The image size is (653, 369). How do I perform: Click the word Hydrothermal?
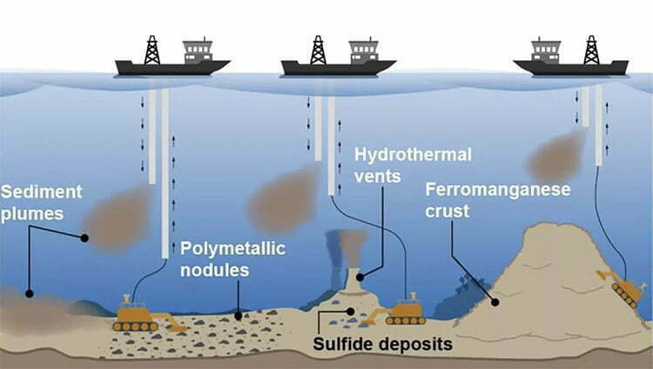[413, 155]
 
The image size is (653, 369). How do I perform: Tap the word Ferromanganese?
[498, 190]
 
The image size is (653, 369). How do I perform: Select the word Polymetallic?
[232, 249]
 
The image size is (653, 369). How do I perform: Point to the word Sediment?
[42, 192]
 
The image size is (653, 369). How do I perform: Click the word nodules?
[215, 271]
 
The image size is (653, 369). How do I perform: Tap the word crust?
[447, 211]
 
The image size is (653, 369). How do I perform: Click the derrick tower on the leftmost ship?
[152, 50]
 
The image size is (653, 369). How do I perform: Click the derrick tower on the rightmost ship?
[591, 50]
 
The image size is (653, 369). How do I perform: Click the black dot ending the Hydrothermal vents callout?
[360, 278]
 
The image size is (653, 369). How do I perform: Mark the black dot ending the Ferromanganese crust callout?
[495, 302]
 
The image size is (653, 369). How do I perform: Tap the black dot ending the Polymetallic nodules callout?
[239, 317]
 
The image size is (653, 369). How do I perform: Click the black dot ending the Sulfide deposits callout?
[351, 311]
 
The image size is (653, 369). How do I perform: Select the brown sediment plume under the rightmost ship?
[556, 156]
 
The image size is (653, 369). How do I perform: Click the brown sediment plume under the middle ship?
[285, 199]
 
